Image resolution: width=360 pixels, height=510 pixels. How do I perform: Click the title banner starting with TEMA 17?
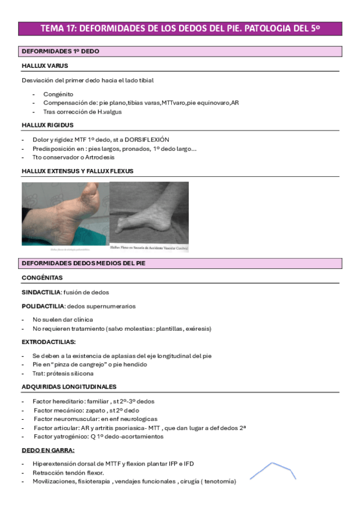[x=180, y=28]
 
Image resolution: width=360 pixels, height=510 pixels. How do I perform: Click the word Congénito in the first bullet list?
[x=58, y=94]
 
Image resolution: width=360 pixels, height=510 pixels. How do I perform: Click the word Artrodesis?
[x=97, y=157]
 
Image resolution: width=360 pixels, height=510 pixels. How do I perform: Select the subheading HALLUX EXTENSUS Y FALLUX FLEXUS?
[x=78, y=171]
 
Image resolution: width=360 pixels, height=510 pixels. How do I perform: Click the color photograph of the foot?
[x=65, y=215]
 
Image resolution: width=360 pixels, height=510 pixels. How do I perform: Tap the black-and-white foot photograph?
[x=149, y=215]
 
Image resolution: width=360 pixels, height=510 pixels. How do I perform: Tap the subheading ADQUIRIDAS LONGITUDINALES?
[x=69, y=387]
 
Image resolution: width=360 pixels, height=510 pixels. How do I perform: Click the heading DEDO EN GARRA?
[x=48, y=450]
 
